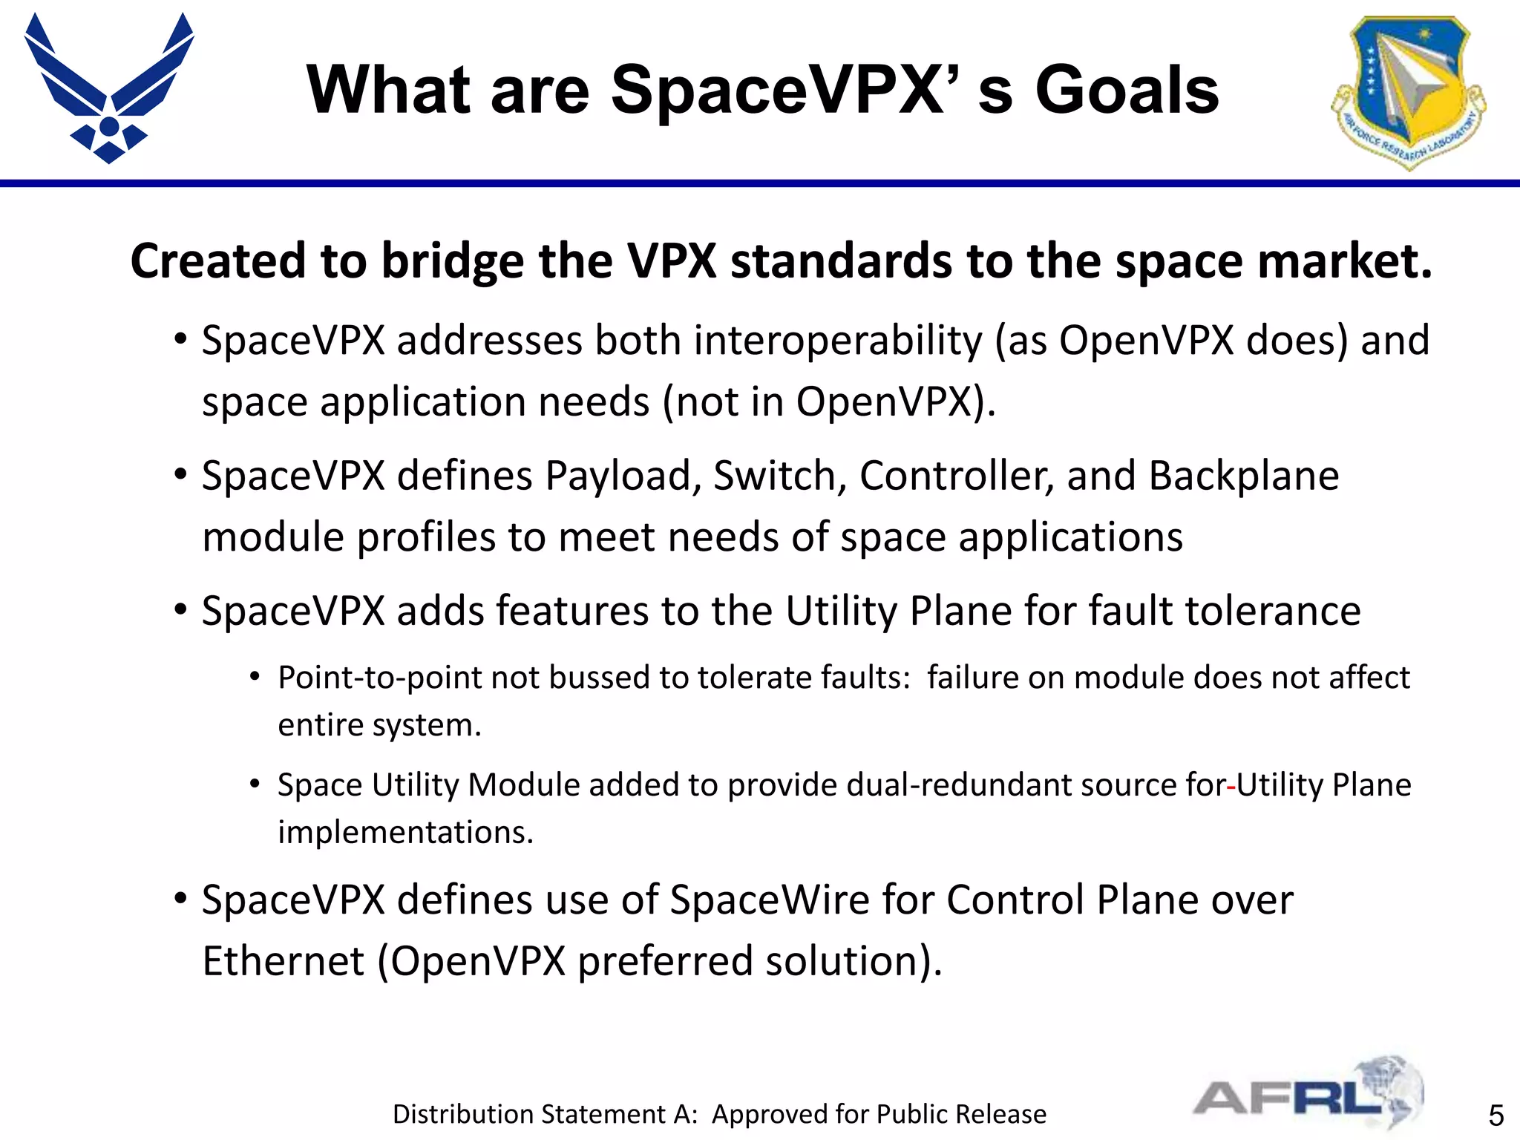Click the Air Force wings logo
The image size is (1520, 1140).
tap(109, 88)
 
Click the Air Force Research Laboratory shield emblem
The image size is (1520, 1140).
tap(1408, 91)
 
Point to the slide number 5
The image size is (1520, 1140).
tap(1496, 1116)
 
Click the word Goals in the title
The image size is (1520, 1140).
tap(1127, 91)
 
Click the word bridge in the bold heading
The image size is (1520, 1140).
tap(451, 262)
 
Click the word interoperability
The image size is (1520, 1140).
tap(838, 342)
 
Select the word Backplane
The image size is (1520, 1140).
tap(1243, 476)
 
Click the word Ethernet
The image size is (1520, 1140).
tap(283, 961)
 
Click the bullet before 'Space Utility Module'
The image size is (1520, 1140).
tap(255, 784)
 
